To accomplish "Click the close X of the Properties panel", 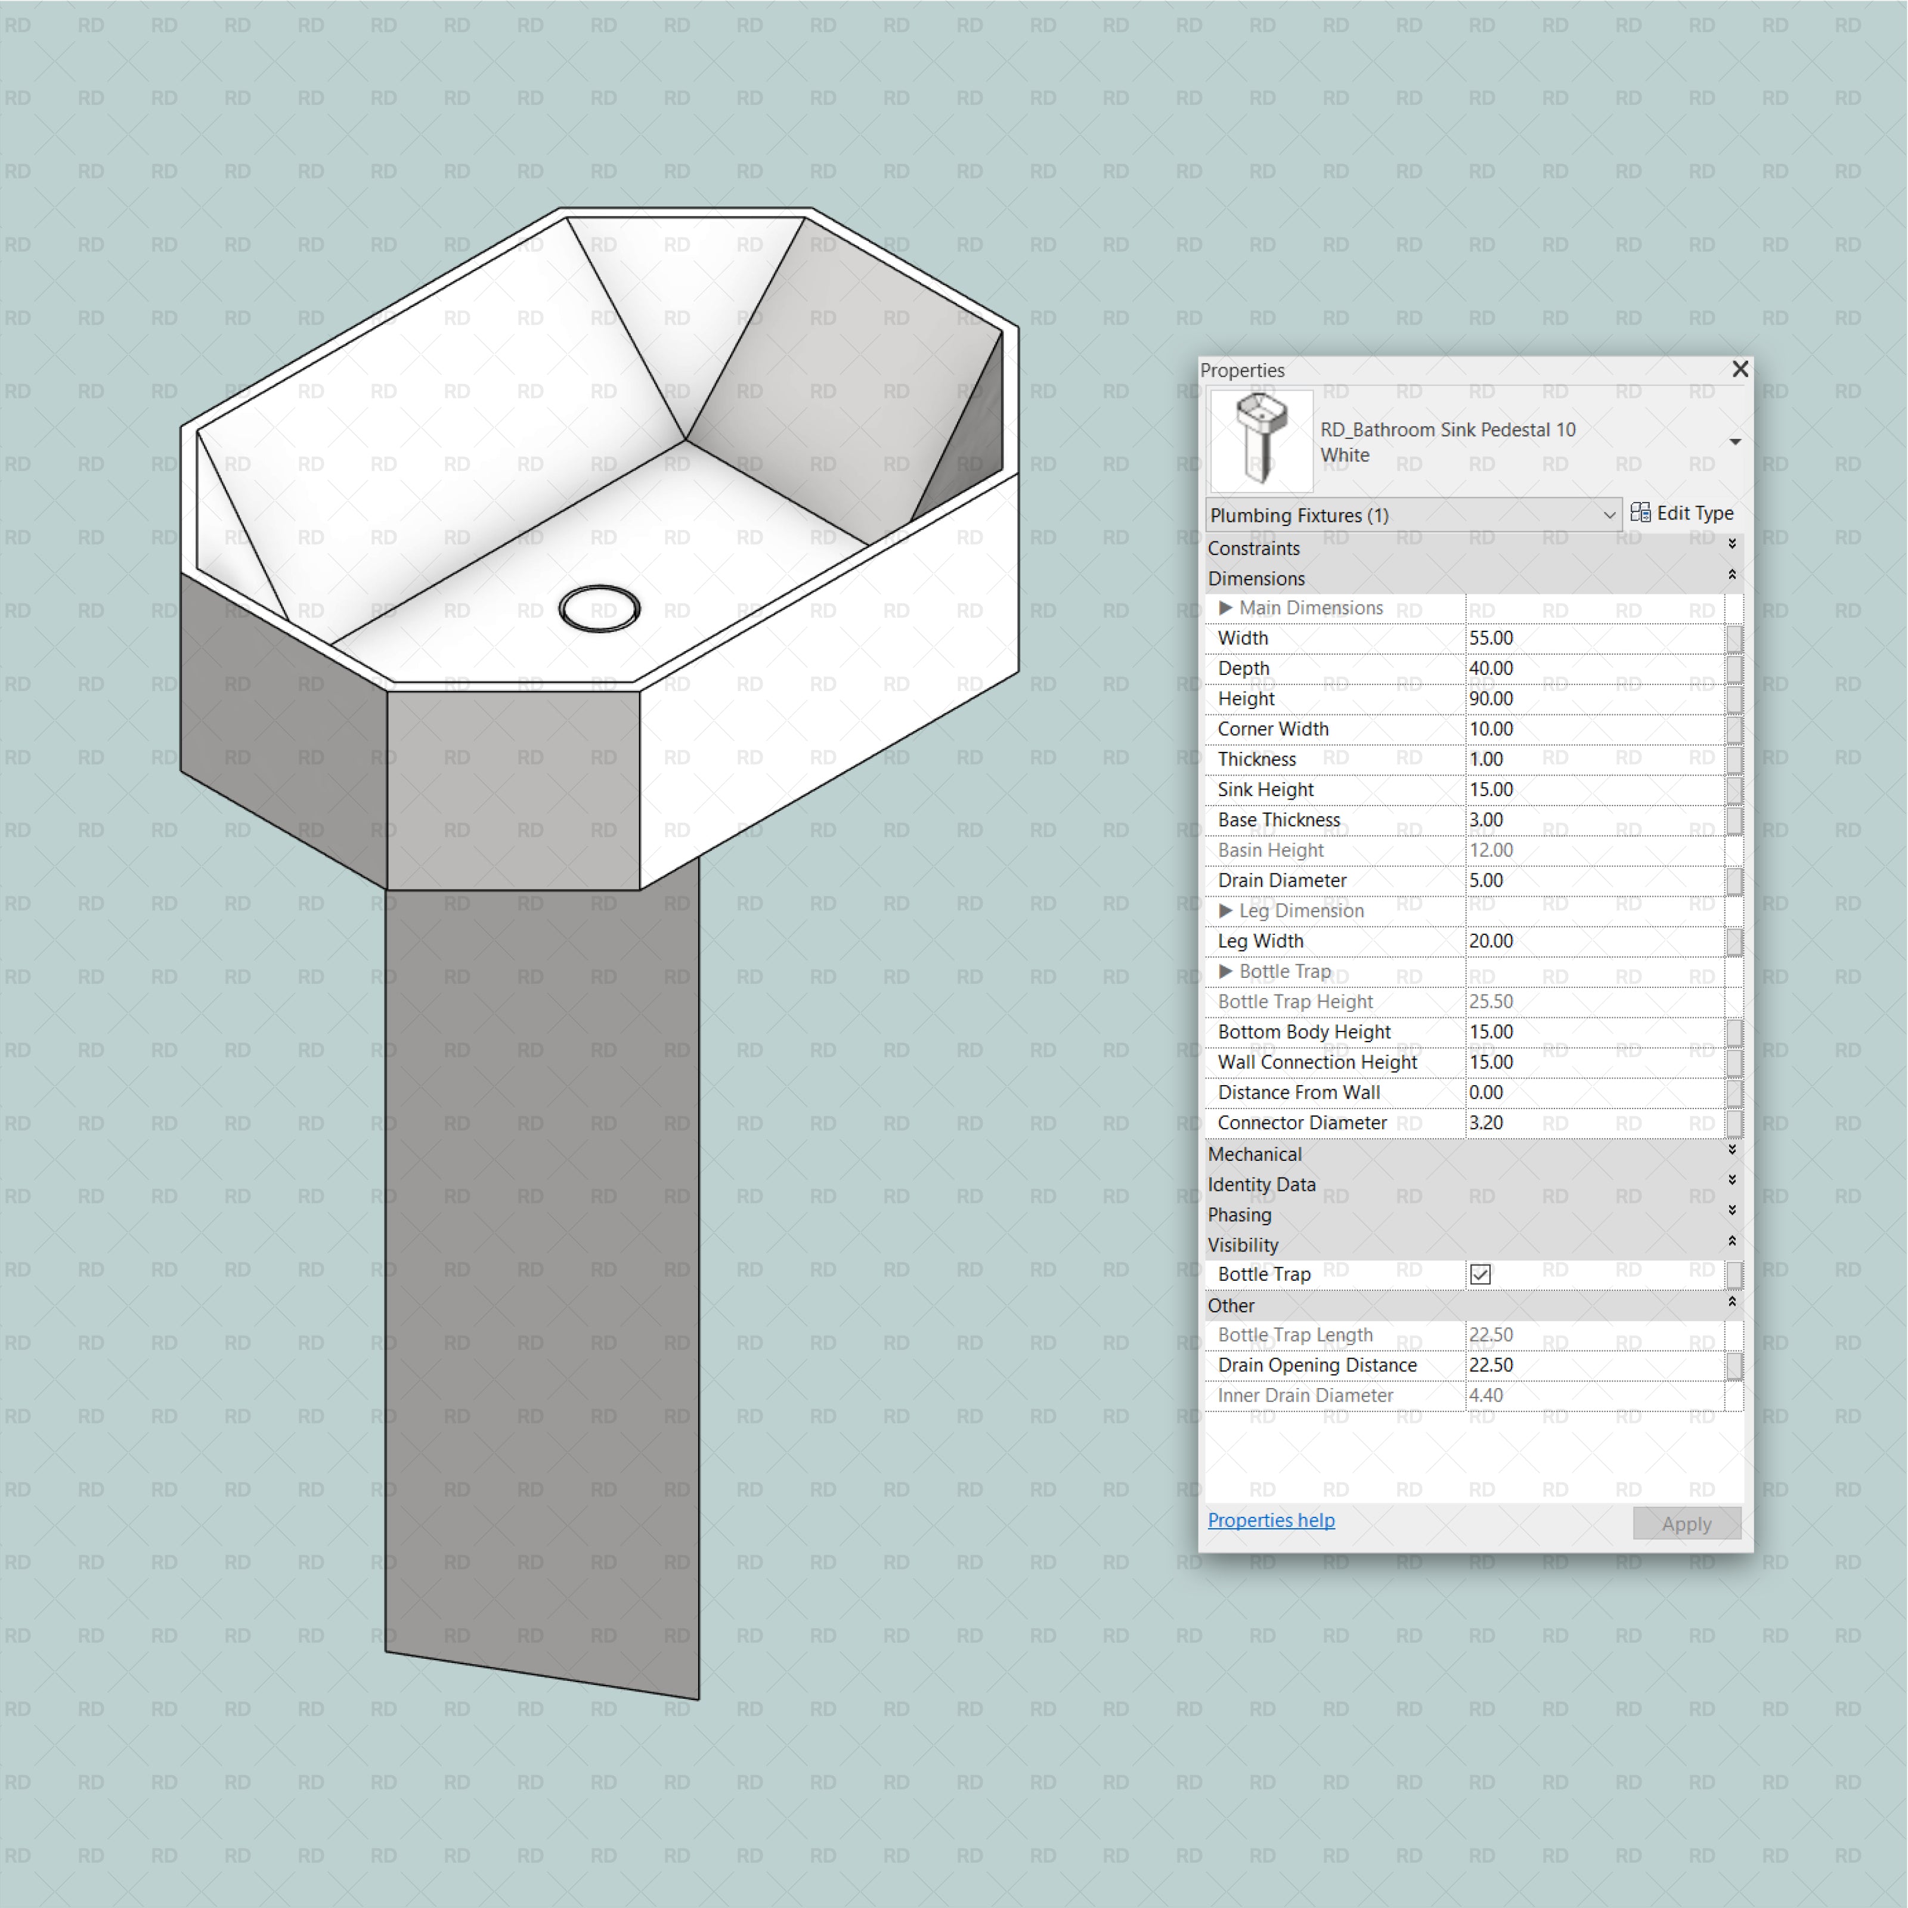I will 1740,369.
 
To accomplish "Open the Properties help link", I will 1271,1520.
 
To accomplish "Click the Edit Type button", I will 1682,513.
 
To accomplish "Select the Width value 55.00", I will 1590,638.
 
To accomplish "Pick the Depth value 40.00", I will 1590,668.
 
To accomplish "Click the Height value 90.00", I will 1590,698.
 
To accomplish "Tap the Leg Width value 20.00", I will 1590,941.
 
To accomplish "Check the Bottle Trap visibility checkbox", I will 1479,1274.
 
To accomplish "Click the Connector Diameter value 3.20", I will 1590,1123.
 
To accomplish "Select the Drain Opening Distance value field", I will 1590,1365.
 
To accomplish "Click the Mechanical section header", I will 1255,1154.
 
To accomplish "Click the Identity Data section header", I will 1261,1184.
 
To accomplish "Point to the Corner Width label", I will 1273,729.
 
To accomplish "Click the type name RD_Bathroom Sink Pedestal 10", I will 1448,429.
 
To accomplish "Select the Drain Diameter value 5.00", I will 1590,880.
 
